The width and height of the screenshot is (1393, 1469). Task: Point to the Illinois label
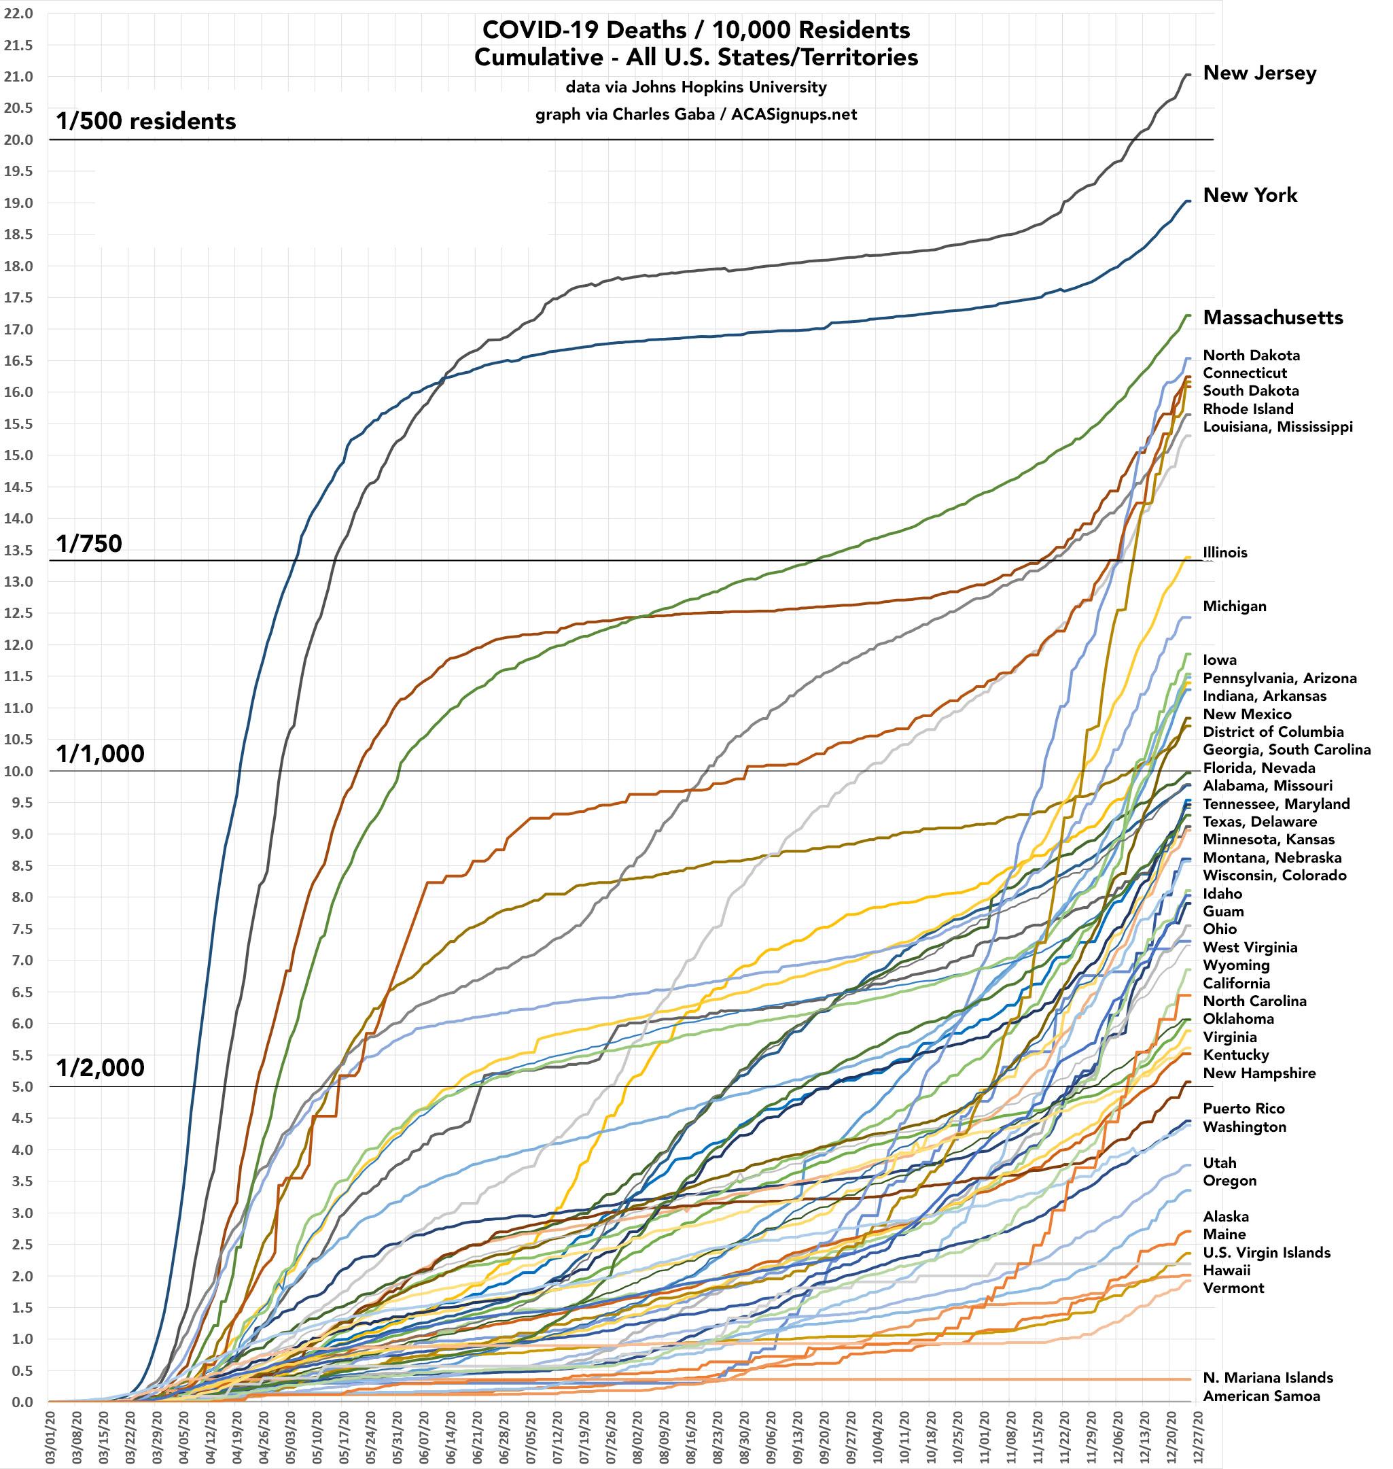pos(1225,553)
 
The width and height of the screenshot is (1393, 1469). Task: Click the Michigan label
pos(1234,606)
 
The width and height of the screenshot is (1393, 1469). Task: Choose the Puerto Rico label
pos(1244,1109)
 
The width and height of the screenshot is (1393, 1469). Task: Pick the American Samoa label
pos(1262,1396)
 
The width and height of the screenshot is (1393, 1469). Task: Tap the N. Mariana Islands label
pos(1267,1378)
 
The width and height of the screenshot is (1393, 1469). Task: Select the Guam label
pos(1223,912)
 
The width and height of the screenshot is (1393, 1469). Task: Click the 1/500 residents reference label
pos(146,121)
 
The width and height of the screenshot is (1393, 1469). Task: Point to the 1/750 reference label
pos(89,545)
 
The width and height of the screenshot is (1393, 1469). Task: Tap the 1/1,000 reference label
pos(101,754)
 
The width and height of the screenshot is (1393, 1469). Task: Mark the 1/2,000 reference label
pos(101,1068)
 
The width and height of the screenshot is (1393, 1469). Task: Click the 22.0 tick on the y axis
pos(18,14)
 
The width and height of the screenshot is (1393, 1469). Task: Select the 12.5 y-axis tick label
pos(18,612)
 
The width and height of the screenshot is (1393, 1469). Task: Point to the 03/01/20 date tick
pos(50,1437)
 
